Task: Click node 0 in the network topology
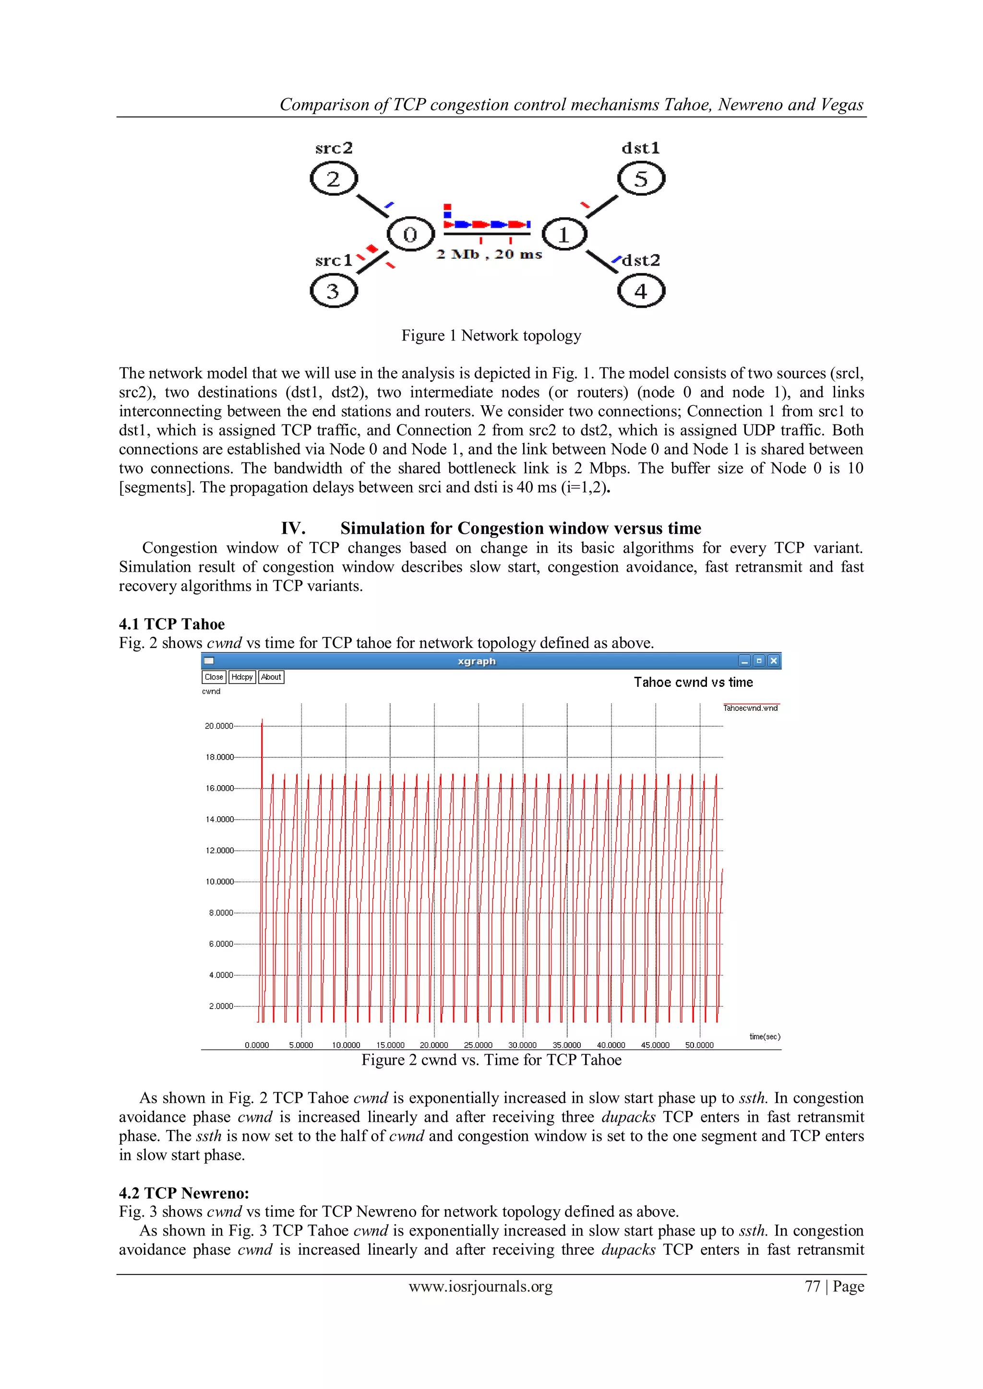tap(410, 235)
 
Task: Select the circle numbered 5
tap(641, 179)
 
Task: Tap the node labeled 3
tap(334, 292)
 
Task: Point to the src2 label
tap(334, 148)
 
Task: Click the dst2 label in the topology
tap(641, 261)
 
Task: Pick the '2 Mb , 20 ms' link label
tap(489, 255)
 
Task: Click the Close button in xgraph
tap(214, 677)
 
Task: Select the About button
tap(271, 677)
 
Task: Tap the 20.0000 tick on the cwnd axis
tap(218, 726)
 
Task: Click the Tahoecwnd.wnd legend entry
tap(751, 708)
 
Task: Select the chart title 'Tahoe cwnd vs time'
tap(693, 683)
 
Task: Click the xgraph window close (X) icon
tap(774, 660)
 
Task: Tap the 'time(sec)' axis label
tap(765, 1036)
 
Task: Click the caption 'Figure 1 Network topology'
tap(491, 336)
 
